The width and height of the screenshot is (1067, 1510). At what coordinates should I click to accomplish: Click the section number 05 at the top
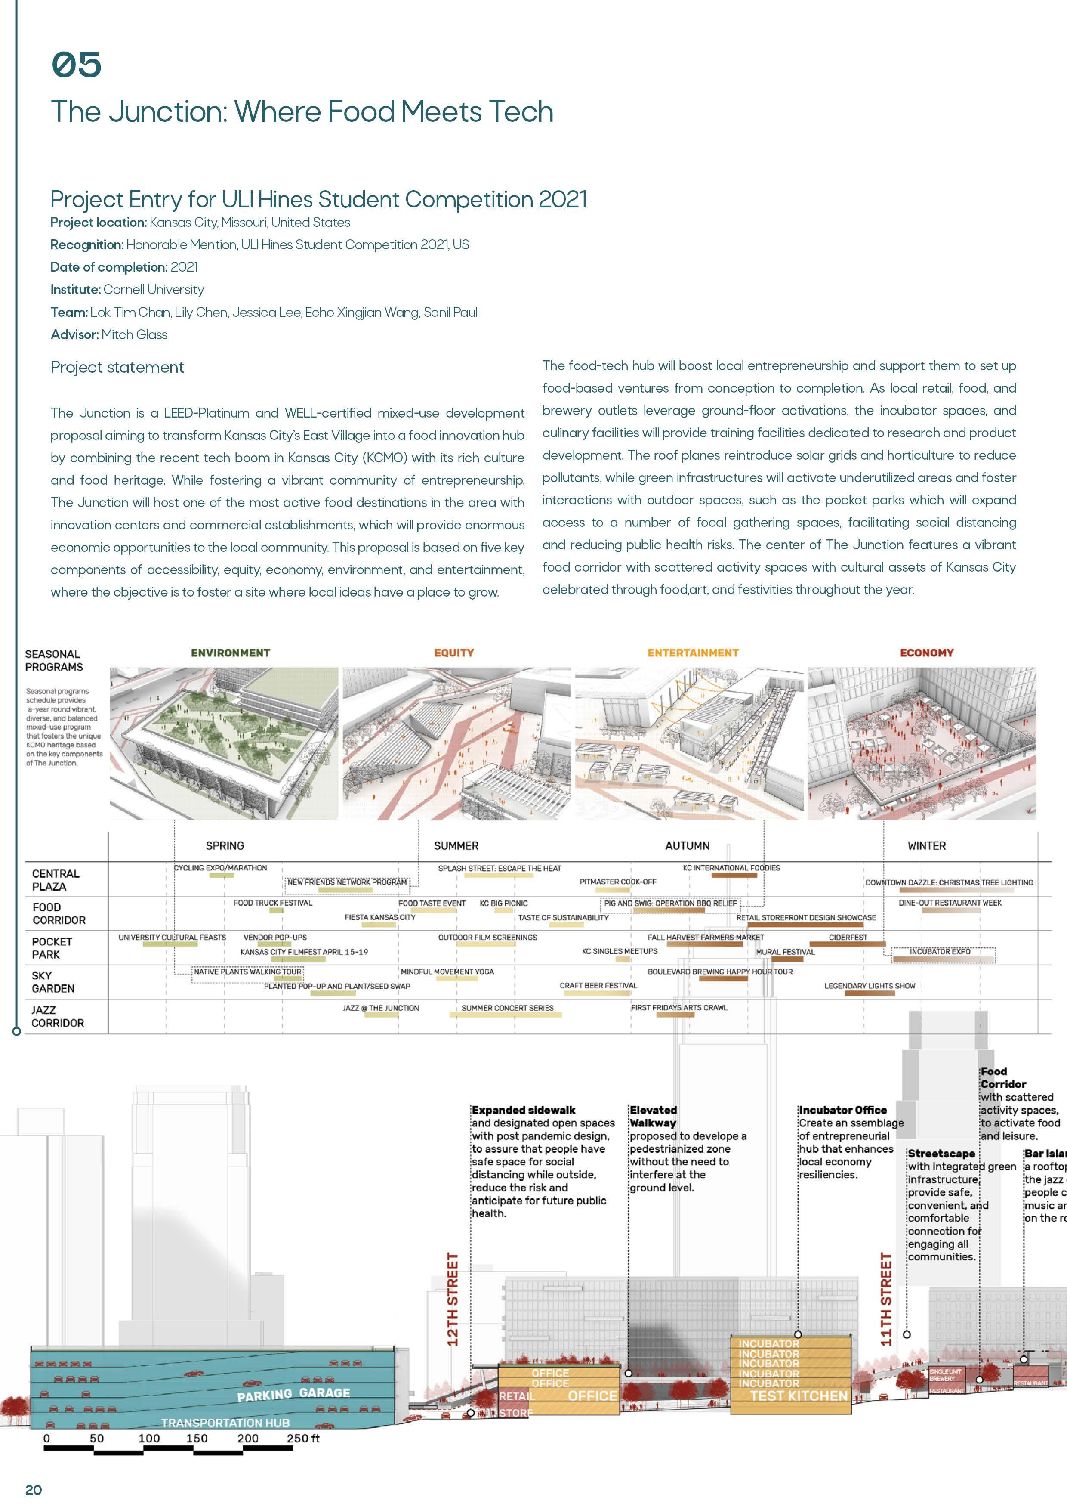pos(76,65)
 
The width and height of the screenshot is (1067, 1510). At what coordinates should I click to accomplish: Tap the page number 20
pos(34,1490)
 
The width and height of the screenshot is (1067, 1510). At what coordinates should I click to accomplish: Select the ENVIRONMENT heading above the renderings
pos(230,653)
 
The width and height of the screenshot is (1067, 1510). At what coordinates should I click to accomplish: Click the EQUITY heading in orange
pos(453,653)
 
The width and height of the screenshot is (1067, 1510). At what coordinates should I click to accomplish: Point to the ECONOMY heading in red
pos(926,653)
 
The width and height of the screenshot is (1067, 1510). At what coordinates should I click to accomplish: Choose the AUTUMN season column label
pos(687,846)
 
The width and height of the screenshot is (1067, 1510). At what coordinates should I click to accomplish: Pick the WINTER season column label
pos(926,846)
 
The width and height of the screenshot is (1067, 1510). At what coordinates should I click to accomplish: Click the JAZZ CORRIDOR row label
pos(58,1016)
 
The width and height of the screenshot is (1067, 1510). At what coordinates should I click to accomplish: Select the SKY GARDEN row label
pos(53,982)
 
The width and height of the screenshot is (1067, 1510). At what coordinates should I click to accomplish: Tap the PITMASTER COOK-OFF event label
pos(617,881)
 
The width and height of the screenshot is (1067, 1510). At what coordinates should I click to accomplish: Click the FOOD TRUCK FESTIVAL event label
pos(273,903)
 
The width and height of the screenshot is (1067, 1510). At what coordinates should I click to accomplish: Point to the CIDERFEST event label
pos(848,937)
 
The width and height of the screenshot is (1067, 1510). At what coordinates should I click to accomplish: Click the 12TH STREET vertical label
pos(452,1300)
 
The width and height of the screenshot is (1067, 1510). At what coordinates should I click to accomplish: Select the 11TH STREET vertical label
pos(886,1300)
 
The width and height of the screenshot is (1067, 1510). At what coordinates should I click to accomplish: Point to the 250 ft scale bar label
pos(302,1438)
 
